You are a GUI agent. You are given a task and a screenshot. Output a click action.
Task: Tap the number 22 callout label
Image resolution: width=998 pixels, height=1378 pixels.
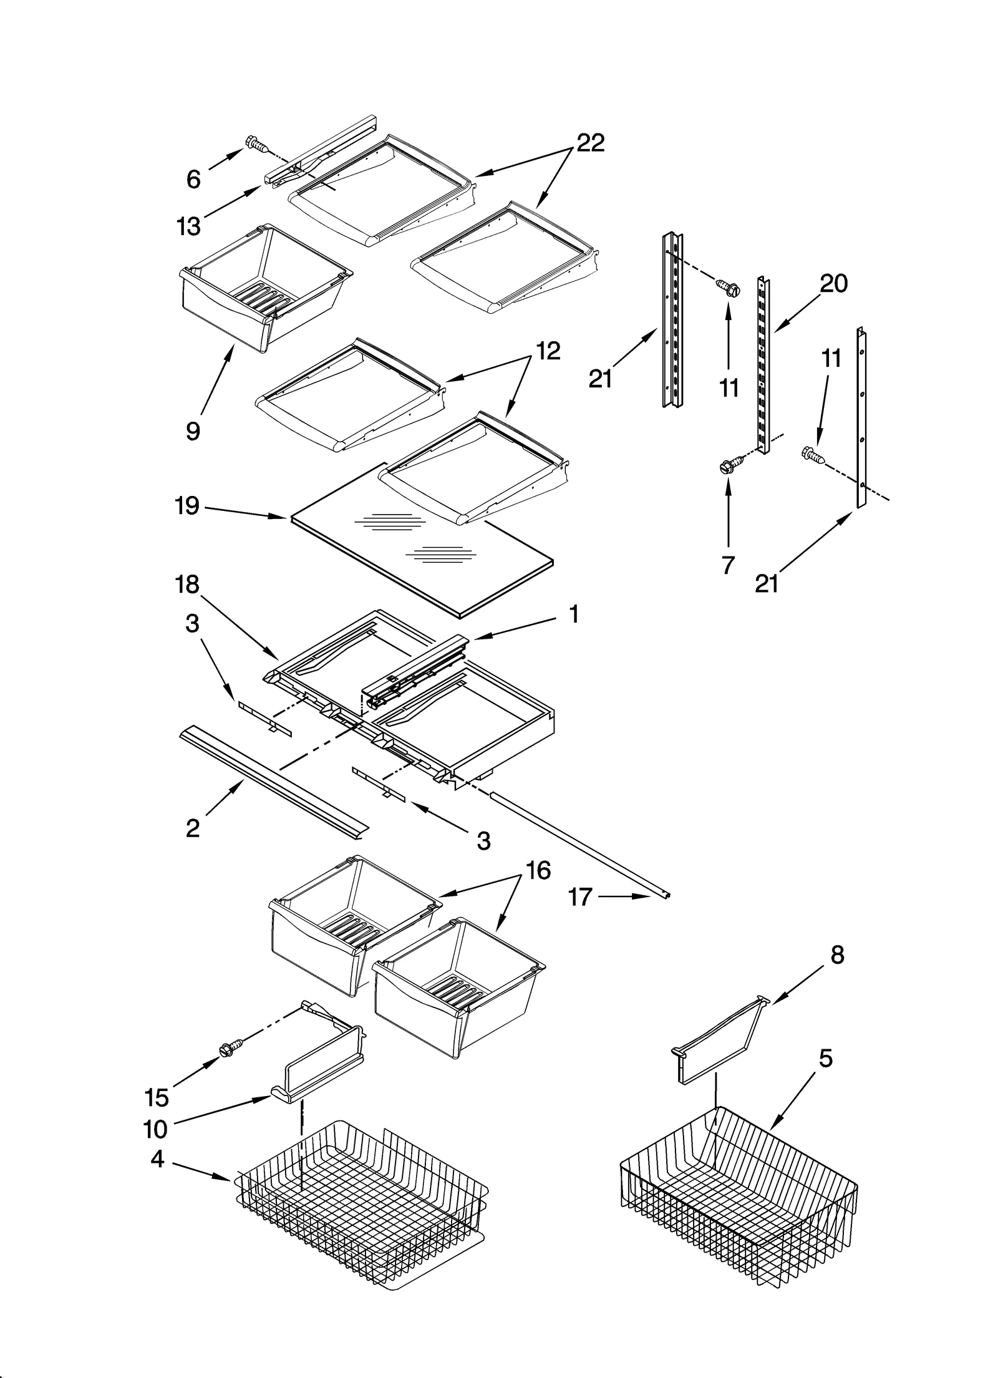(590, 143)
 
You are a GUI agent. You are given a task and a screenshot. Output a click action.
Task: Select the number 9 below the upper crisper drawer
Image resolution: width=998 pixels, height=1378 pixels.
(193, 430)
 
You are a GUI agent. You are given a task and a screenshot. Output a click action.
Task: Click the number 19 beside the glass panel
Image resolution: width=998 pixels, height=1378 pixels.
(187, 505)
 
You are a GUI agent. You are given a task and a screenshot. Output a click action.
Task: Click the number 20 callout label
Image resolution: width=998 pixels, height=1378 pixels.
(834, 284)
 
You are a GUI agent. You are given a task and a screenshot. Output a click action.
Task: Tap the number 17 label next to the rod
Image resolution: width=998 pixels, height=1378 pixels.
(580, 897)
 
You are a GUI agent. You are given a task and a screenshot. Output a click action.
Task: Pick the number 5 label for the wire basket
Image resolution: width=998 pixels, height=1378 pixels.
(825, 1058)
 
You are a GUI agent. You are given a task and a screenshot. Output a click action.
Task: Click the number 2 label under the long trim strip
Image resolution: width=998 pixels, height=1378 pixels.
(193, 828)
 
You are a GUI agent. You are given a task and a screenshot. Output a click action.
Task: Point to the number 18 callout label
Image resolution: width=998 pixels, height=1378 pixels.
(187, 585)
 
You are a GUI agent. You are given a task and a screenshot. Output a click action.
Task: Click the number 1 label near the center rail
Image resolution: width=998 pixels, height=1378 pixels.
(574, 614)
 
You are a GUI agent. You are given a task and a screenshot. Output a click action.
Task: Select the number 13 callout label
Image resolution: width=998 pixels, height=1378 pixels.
(188, 226)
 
